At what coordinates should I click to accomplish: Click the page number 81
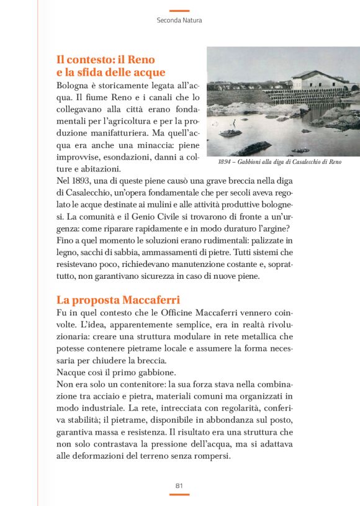tap(179, 485)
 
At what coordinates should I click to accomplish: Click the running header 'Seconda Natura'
tap(179, 20)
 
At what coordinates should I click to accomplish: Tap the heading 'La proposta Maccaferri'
tap(118, 299)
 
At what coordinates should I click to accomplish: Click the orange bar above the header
tap(179, 11)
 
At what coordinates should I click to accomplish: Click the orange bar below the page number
tap(179, 495)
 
